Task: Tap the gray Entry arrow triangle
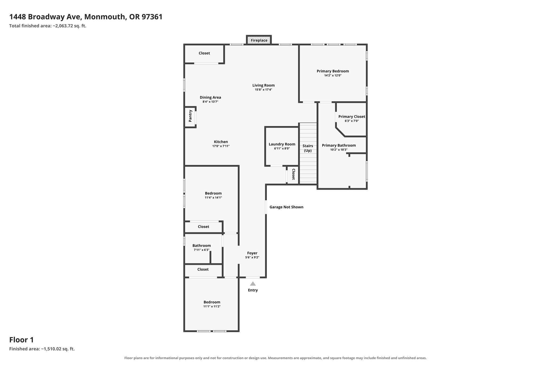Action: (x=253, y=284)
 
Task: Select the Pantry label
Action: (x=190, y=116)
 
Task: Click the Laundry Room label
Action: (x=282, y=144)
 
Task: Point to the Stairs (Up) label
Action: (x=308, y=148)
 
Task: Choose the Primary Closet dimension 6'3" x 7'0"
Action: (x=352, y=121)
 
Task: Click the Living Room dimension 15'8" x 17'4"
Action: (x=263, y=90)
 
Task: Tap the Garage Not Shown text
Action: (x=286, y=207)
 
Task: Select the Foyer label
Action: (x=252, y=253)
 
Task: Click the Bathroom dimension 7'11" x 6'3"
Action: (x=202, y=250)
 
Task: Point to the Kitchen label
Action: (x=221, y=142)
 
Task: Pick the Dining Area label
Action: (x=210, y=97)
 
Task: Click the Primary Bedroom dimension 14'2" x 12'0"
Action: (x=333, y=76)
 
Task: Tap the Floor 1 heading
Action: (x=22, y=340)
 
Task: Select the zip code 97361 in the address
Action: (x=152, y=17)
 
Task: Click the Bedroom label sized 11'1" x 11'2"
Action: (x=212, y=302)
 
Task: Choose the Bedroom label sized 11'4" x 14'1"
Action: (x=213, y=193)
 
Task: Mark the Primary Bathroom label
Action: (x=339, y=145)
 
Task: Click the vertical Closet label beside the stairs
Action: (x=294, y=174)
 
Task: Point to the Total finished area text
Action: (x=48, y=26)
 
